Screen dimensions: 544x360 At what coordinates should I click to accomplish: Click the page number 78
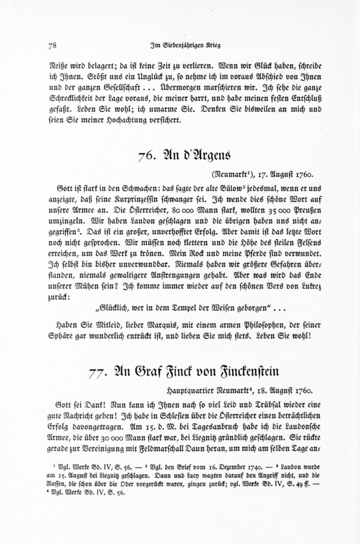click(52, 45)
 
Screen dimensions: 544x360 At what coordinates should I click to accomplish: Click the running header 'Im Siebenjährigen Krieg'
click(184, 45)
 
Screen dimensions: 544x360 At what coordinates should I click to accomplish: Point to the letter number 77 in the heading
click(97, 372)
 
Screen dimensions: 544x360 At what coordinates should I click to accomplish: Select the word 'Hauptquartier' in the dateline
click(188, 389)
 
